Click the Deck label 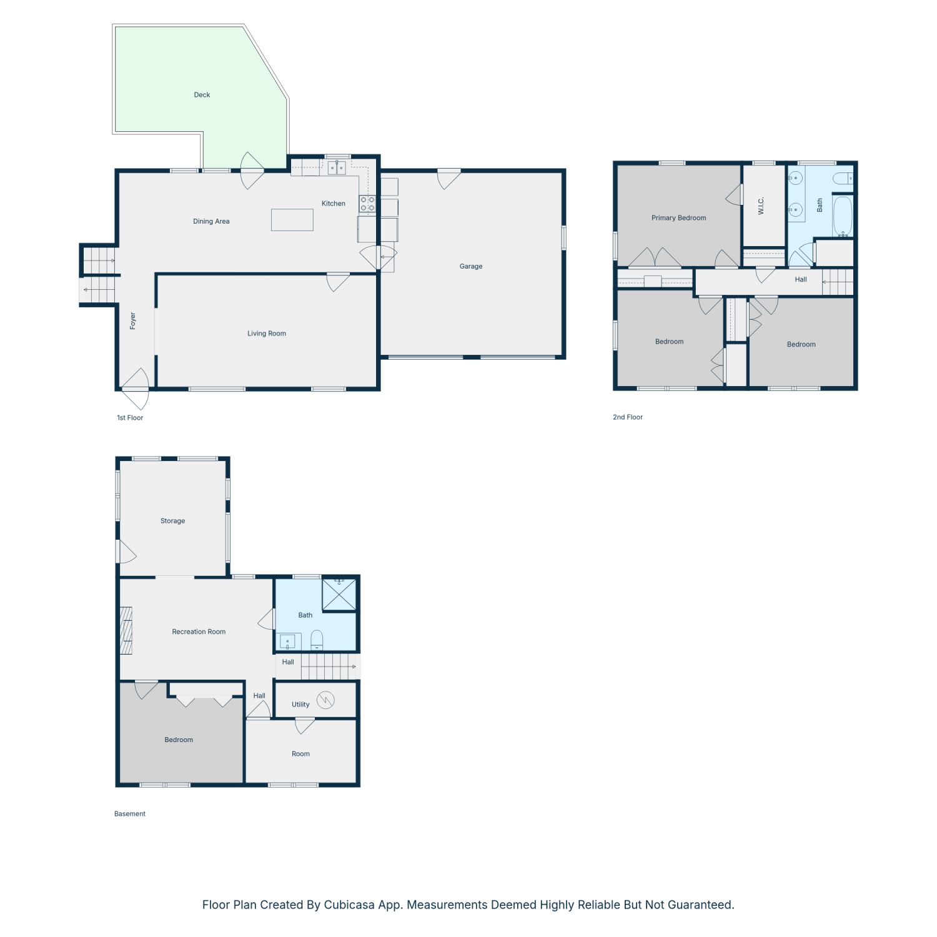click(202, 95)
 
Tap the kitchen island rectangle click(292, 220)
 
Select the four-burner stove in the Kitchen click(367, 204)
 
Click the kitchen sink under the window click(337, 167)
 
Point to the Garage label click(471, 266)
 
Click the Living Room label click(267, 334)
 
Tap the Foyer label click(132, 321)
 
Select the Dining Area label click(211, 221)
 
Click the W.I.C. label click(761, 206)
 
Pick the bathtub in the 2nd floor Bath click(843, 217)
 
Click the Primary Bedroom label click(678, 218)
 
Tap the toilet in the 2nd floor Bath click(843, 178)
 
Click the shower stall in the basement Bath click(339, 595)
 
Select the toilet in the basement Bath click(317, 640)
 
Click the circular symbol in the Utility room click(325, 700)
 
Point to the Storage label click(172, 521)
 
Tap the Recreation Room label click(199, 632)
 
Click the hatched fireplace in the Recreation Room click(126, 631)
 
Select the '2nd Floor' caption click(628, 417)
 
